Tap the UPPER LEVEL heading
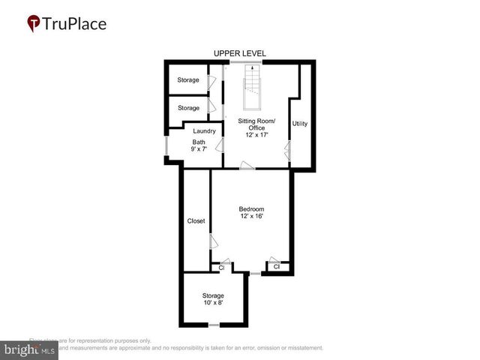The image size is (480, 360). coord(239,53)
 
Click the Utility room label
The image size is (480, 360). coord(299,123)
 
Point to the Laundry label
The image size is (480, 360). coord(204,130)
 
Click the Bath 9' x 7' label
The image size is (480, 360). coord(199,145)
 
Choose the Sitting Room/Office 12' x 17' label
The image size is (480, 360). coord(256,128)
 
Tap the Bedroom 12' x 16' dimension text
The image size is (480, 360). coord(251,216)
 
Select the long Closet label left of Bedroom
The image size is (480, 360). coord(196,221)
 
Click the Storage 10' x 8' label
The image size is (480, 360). coord(213,298)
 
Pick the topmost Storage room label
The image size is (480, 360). coord(188,80)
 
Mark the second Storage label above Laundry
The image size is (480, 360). coord(188,108)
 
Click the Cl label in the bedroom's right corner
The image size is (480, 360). coord(276,266)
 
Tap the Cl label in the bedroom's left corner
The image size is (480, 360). coord(221,267)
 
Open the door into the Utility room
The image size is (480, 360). coord(287,153)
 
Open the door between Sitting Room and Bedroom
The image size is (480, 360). coord(247,166)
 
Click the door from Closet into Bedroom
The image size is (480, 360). coord(213,241)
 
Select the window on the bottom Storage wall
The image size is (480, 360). coord(214,325)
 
